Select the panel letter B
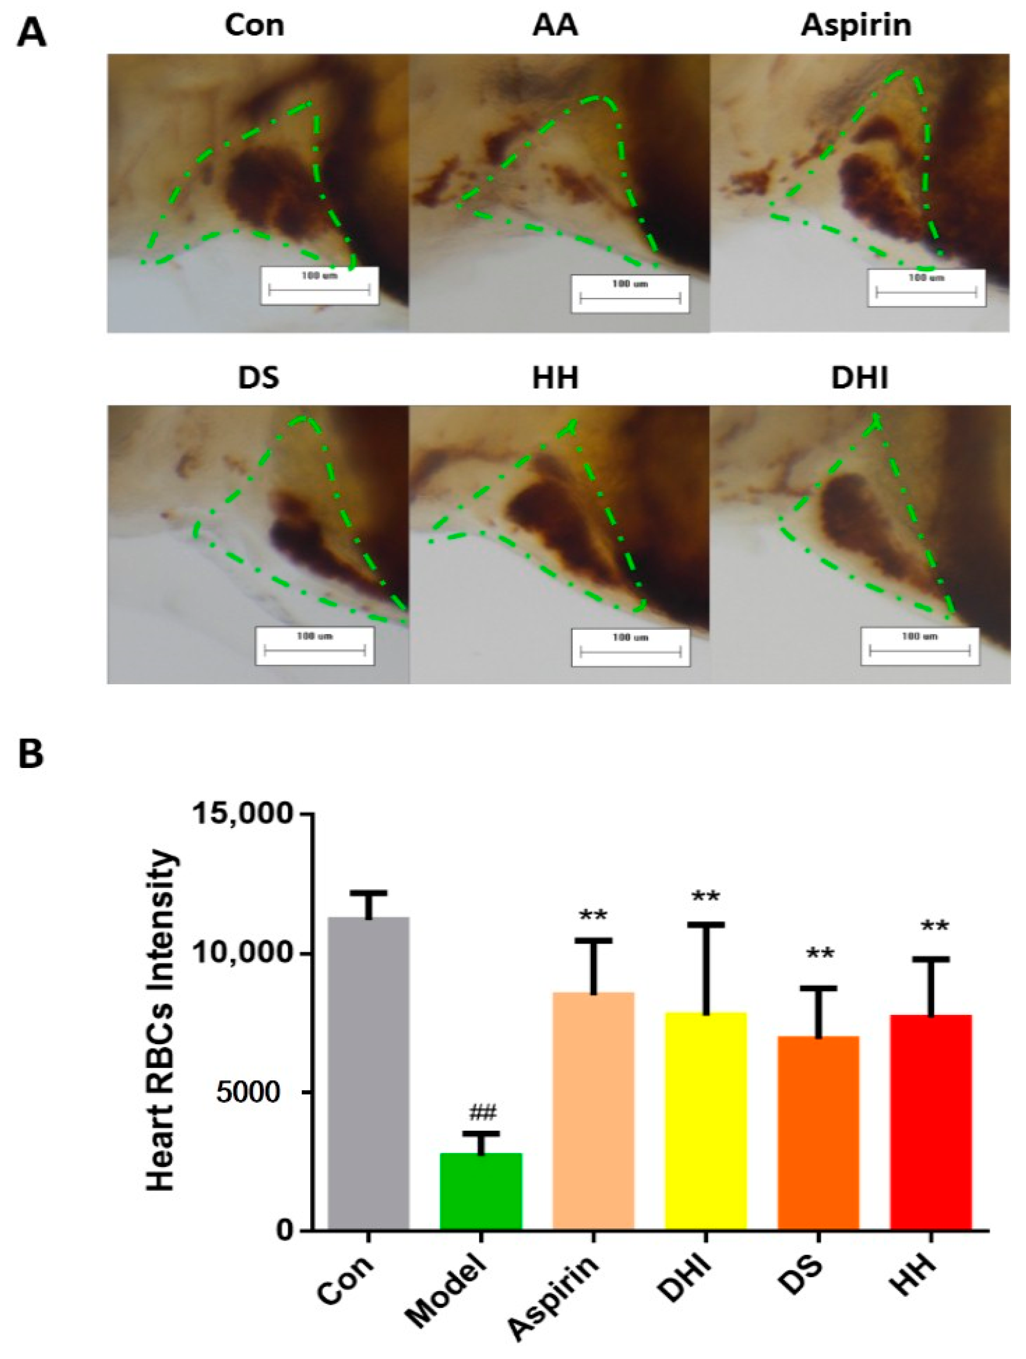click(31, 754)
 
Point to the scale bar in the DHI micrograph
click(920, 645)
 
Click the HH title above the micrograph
click(555, 378)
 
